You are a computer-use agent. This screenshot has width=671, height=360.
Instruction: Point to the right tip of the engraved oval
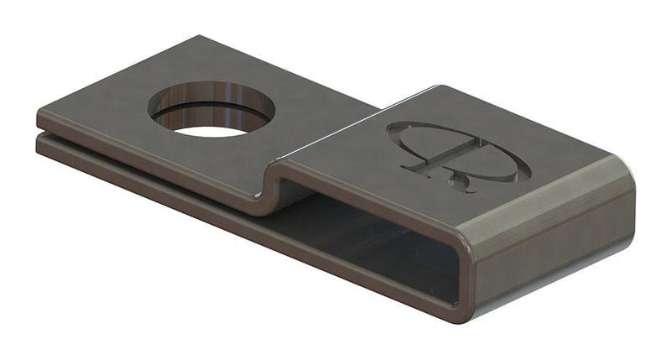[x=529, y=174]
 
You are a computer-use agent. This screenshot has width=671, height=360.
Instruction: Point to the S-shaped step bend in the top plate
[x=273, y=180]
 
